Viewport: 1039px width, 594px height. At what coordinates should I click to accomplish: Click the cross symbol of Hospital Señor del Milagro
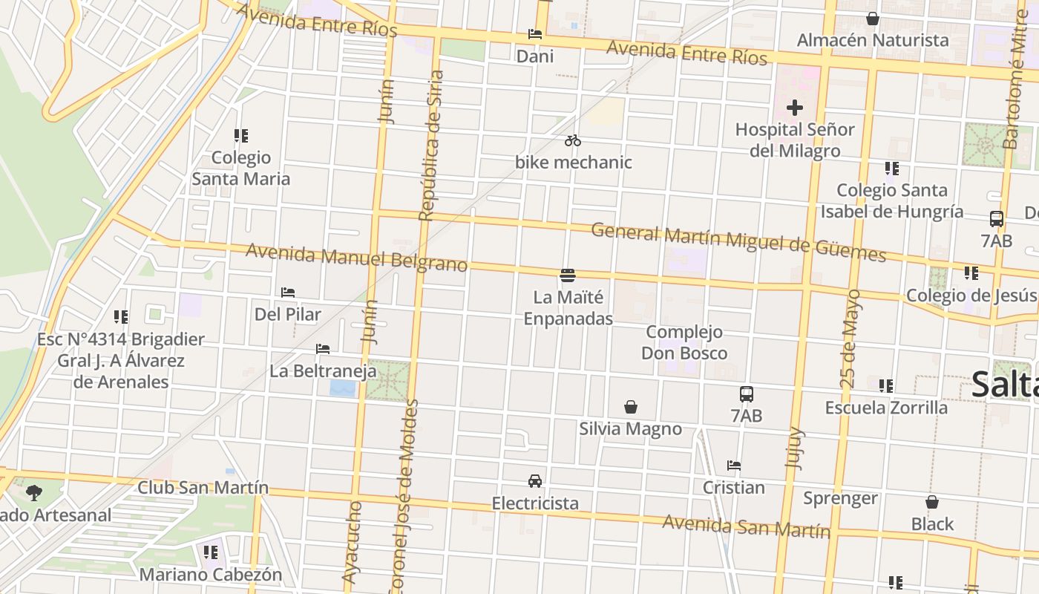pyautogui.click(x=795, y=108)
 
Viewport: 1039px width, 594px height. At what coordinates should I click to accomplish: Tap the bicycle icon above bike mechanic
pyautogui.click(x=572, y=140)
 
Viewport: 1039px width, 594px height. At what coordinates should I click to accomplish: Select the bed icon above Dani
pyautogui.click(x=535, y=34)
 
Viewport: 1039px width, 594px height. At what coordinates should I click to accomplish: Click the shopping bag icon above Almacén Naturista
pyautogui.click(x=873, y=19)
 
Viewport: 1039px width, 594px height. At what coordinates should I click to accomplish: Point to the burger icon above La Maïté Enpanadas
pyautogui.click(x=568, y=275)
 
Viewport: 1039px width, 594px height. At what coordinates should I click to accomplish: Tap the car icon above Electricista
pyautogui.click(x=535, y=480)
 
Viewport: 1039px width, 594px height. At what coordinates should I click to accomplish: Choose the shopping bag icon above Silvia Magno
pyautogui.click(x=631, y=407)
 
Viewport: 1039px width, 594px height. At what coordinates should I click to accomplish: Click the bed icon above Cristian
pyautogui.click(x=734, y=466)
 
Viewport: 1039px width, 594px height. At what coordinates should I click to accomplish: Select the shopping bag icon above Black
pyautogui.click(x=932, y=502)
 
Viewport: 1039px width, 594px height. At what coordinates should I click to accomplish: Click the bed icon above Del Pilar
pyautogui.click(x=288, y=293)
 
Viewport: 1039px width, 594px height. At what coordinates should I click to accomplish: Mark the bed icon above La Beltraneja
pyautogui.click(x=323, y=348)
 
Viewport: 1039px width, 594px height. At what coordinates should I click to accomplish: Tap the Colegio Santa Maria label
pyautogui.click(x=241, y=168)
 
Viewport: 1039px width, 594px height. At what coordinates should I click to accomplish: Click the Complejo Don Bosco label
pyautogui.click(x=684, y=342)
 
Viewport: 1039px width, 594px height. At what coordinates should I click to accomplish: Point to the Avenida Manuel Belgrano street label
pyautogui.click(x=356, y=258)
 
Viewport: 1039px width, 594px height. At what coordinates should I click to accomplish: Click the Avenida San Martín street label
pyautogui.click(x=746, y=526)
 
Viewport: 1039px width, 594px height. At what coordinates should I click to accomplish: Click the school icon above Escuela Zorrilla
pyautogui.click(x=886, y=386)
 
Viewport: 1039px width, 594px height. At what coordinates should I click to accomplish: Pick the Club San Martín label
pyautogui.click(x=203, y=488)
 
